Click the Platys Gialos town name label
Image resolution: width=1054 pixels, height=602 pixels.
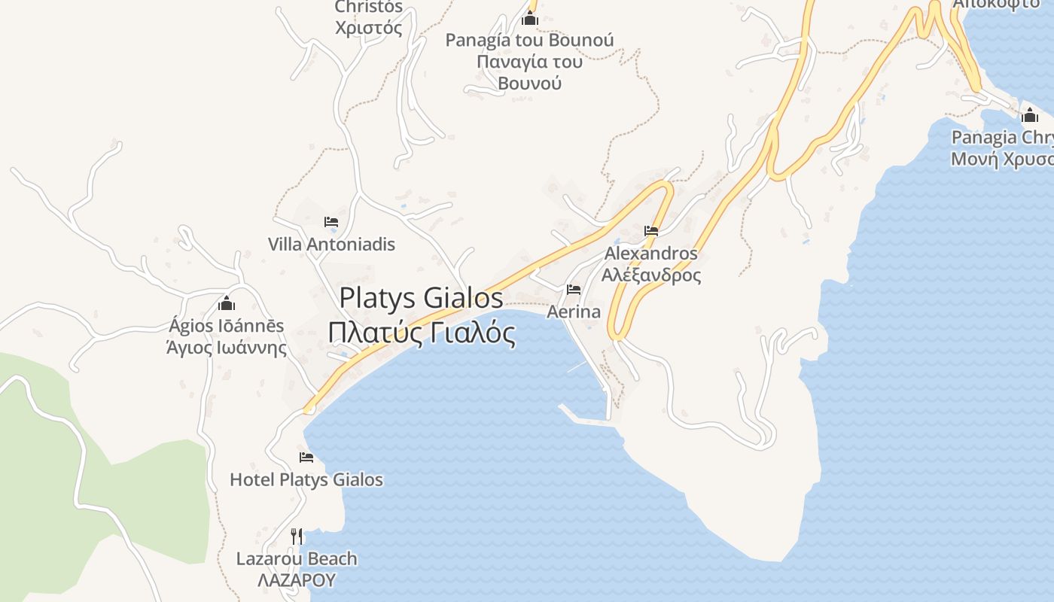(x=421, y=298)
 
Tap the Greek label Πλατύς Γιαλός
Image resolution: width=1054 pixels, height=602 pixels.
(x=422, y=332)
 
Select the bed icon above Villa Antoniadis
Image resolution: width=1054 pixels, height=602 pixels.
(x=331, y=222)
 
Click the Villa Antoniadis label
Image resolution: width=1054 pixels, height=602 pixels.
(x=331, y=245)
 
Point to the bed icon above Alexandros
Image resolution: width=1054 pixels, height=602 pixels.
(x=651, y=231)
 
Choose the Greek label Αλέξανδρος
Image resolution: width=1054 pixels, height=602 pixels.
(x=651, y=275)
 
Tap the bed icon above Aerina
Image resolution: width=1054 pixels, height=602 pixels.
(x=574, y=290)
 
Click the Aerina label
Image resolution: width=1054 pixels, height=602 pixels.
(x=574, y=312)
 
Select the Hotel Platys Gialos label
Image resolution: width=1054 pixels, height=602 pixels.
(x=306, y=479)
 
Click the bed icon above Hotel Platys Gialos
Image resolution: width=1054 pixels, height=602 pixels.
(x=306, y=458)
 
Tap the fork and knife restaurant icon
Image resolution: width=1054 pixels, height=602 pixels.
(x=297, y=536)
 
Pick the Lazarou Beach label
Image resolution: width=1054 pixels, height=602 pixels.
(x=297, y=558)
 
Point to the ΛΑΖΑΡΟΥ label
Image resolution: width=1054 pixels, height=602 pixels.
(x=296, y=580)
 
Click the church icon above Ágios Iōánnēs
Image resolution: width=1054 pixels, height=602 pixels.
(x=227, y=304)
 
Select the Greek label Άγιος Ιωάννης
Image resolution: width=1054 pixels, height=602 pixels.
(x=227, y=348)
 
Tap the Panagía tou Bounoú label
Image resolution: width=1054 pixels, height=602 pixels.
(x=529, y=40)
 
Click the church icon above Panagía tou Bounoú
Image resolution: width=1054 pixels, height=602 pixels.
(x=530, y=18)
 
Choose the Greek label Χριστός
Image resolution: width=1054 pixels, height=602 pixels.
(x=368, y=29)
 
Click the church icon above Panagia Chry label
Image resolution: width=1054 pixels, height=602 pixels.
(x=1029, y=115)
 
